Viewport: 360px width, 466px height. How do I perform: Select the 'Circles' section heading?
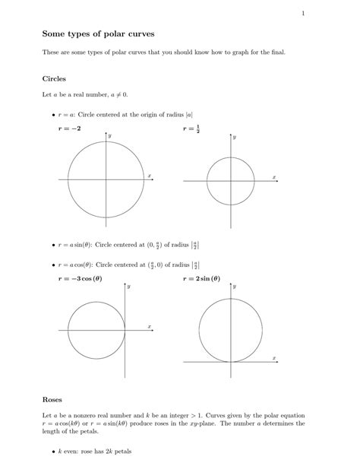(x=55, y=78)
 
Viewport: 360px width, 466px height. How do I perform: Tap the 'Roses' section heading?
(x=52, y=399)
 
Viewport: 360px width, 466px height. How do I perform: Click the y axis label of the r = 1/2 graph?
(x=235, y=138)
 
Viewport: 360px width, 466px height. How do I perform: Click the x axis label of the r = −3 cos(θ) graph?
(x=150, y=326)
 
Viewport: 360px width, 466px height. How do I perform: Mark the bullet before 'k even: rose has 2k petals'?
(x=59, y=452)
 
